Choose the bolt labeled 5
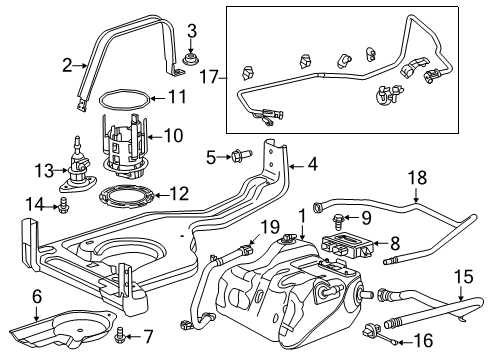238,156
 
